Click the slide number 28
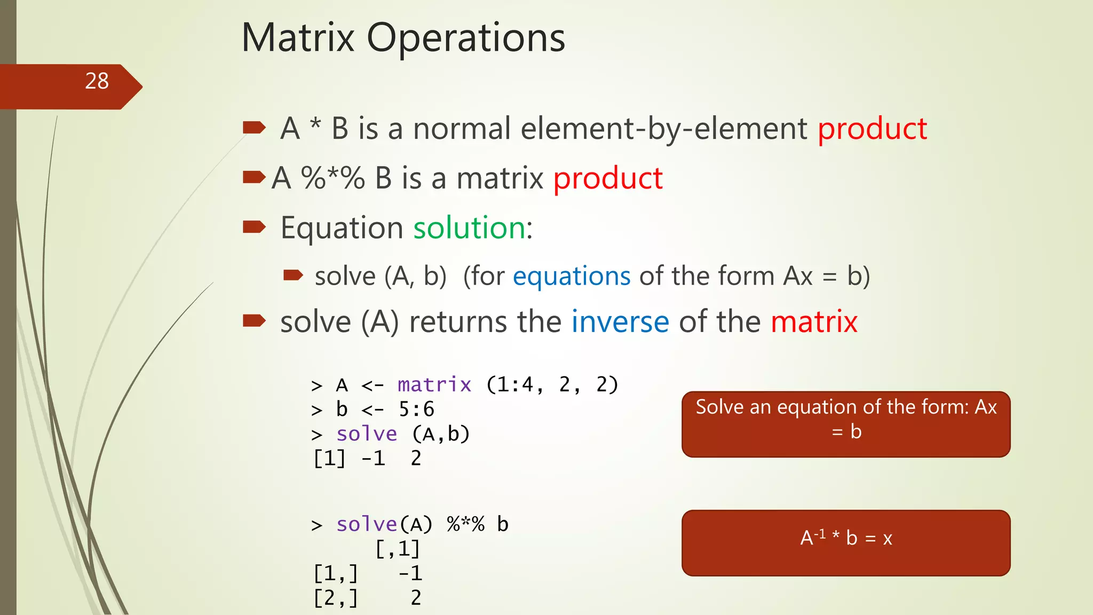pyautogui.click(x=97, y=81)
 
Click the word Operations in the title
pyautogui.click(x=465, y=38)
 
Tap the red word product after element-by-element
pyautogui.click(x=872, y=129)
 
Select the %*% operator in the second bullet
pyautogui.click(x=332, y=178)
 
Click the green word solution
pyautogui.click(x=470, y=228)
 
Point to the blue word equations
pyautogui.click(x=572, y=277)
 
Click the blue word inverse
pyautogui.click(x=620, y=322)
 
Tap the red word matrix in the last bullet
pyautogui.click(x=814, y=322)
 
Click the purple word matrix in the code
pyautogui.click(x=434, y=385)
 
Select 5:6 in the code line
pyautogui.click(x=416, y=409)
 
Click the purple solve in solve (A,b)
pyautogui.click(x=367, y=434)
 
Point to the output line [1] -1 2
pyautogui.click(x=367, y=459)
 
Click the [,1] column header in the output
pyautogui.click(x=398, y=549)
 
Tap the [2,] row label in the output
pyautogui.click(x=336, y=598)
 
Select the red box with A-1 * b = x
pyautogui.click(x=846, y=542)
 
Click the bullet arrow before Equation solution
pyautogui.click(x=254, y=227)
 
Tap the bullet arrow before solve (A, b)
pyautogui.click(x=293, y=275)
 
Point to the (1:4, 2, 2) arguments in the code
pyautogui.click(x=552, y=385)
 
